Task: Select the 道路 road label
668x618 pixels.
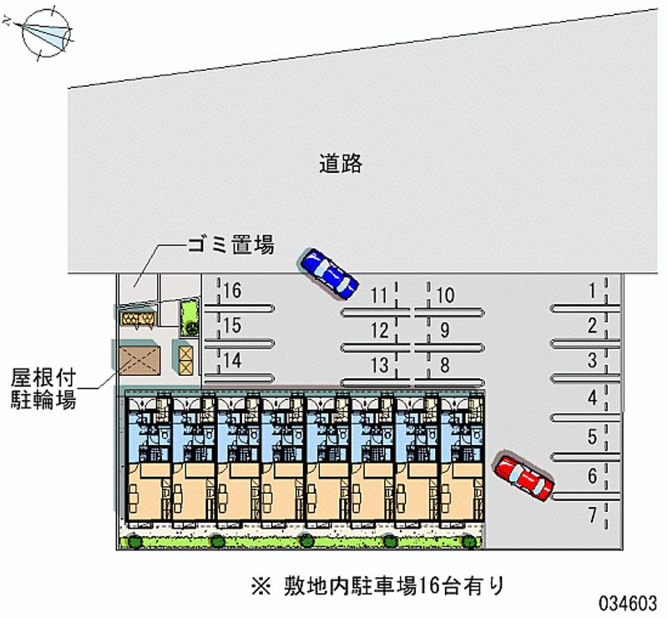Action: (x=341, y=163)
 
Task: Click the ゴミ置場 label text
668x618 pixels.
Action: (x=231, y=246)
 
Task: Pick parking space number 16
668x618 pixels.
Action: (x=232, y=291)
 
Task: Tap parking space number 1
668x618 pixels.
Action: (x=592, y=291)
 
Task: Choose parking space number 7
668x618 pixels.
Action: (x=592, y=515)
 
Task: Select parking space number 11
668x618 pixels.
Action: (x=380, y=295)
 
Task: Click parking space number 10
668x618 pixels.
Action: (x=444, y=295)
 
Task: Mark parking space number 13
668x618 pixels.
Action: (x=380, y=364)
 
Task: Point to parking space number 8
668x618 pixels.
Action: (x=444, y=364)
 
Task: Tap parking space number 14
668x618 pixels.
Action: (x=232, y=361)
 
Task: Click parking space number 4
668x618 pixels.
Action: (x=592, y=398)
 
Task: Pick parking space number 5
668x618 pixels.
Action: (x=592, y=436)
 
